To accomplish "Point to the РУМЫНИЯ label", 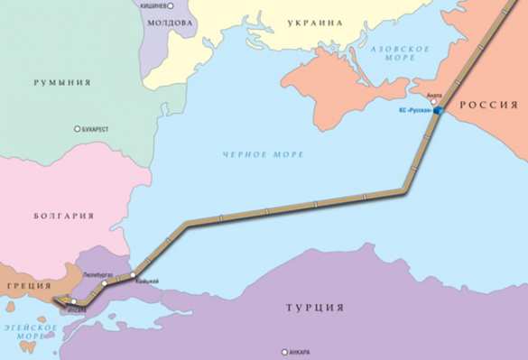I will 61,82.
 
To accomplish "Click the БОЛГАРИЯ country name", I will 63,216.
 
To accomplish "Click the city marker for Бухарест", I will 78,130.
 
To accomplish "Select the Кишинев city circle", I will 169,5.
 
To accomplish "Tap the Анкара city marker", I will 284,351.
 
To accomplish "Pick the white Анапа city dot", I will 432,100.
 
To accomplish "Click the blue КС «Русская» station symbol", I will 437,111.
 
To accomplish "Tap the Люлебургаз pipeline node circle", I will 105,282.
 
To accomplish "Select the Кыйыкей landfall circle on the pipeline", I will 133,273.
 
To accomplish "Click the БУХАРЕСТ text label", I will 96,130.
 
